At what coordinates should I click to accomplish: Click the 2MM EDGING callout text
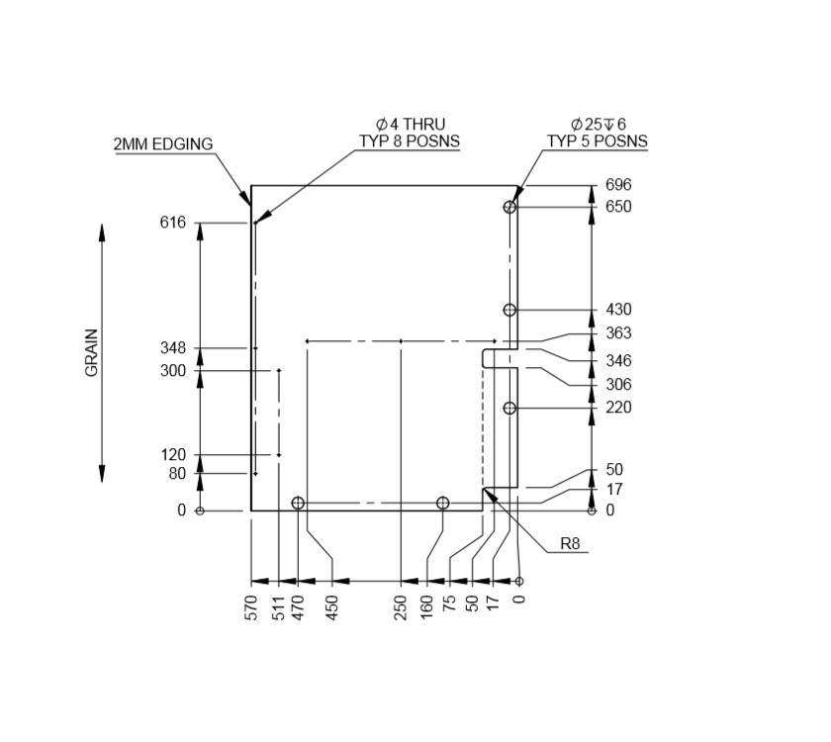click(163, 144)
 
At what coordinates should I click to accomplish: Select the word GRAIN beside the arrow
click(92, 352)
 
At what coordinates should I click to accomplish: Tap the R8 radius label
click(570, 543)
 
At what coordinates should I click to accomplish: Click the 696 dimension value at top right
click(618, 185)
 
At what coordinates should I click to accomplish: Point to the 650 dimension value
click(618, 207)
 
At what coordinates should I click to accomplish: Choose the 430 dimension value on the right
click(618, 310)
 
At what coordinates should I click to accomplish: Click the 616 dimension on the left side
click(172, 223)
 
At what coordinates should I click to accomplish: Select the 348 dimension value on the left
click(172, 348)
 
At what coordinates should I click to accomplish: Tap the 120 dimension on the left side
click(172, 455)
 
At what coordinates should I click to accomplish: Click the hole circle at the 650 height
click(509, 207)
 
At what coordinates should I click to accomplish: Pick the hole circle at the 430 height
click(509, 310)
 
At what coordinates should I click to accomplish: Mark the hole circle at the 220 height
click(509, 408)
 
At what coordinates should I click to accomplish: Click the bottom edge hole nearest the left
click(298, 504)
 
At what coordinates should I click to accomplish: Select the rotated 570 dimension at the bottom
click(250, 606)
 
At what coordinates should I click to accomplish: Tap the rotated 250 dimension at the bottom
click(401, 606)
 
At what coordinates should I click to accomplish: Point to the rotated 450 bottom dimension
click(332, 606)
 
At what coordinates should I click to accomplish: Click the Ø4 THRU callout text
click(410, 125)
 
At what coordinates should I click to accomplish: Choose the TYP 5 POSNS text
click(598, 141)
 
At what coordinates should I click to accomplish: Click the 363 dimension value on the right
click(618, 333)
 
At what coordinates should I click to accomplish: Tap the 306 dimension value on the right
click(618, 384)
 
